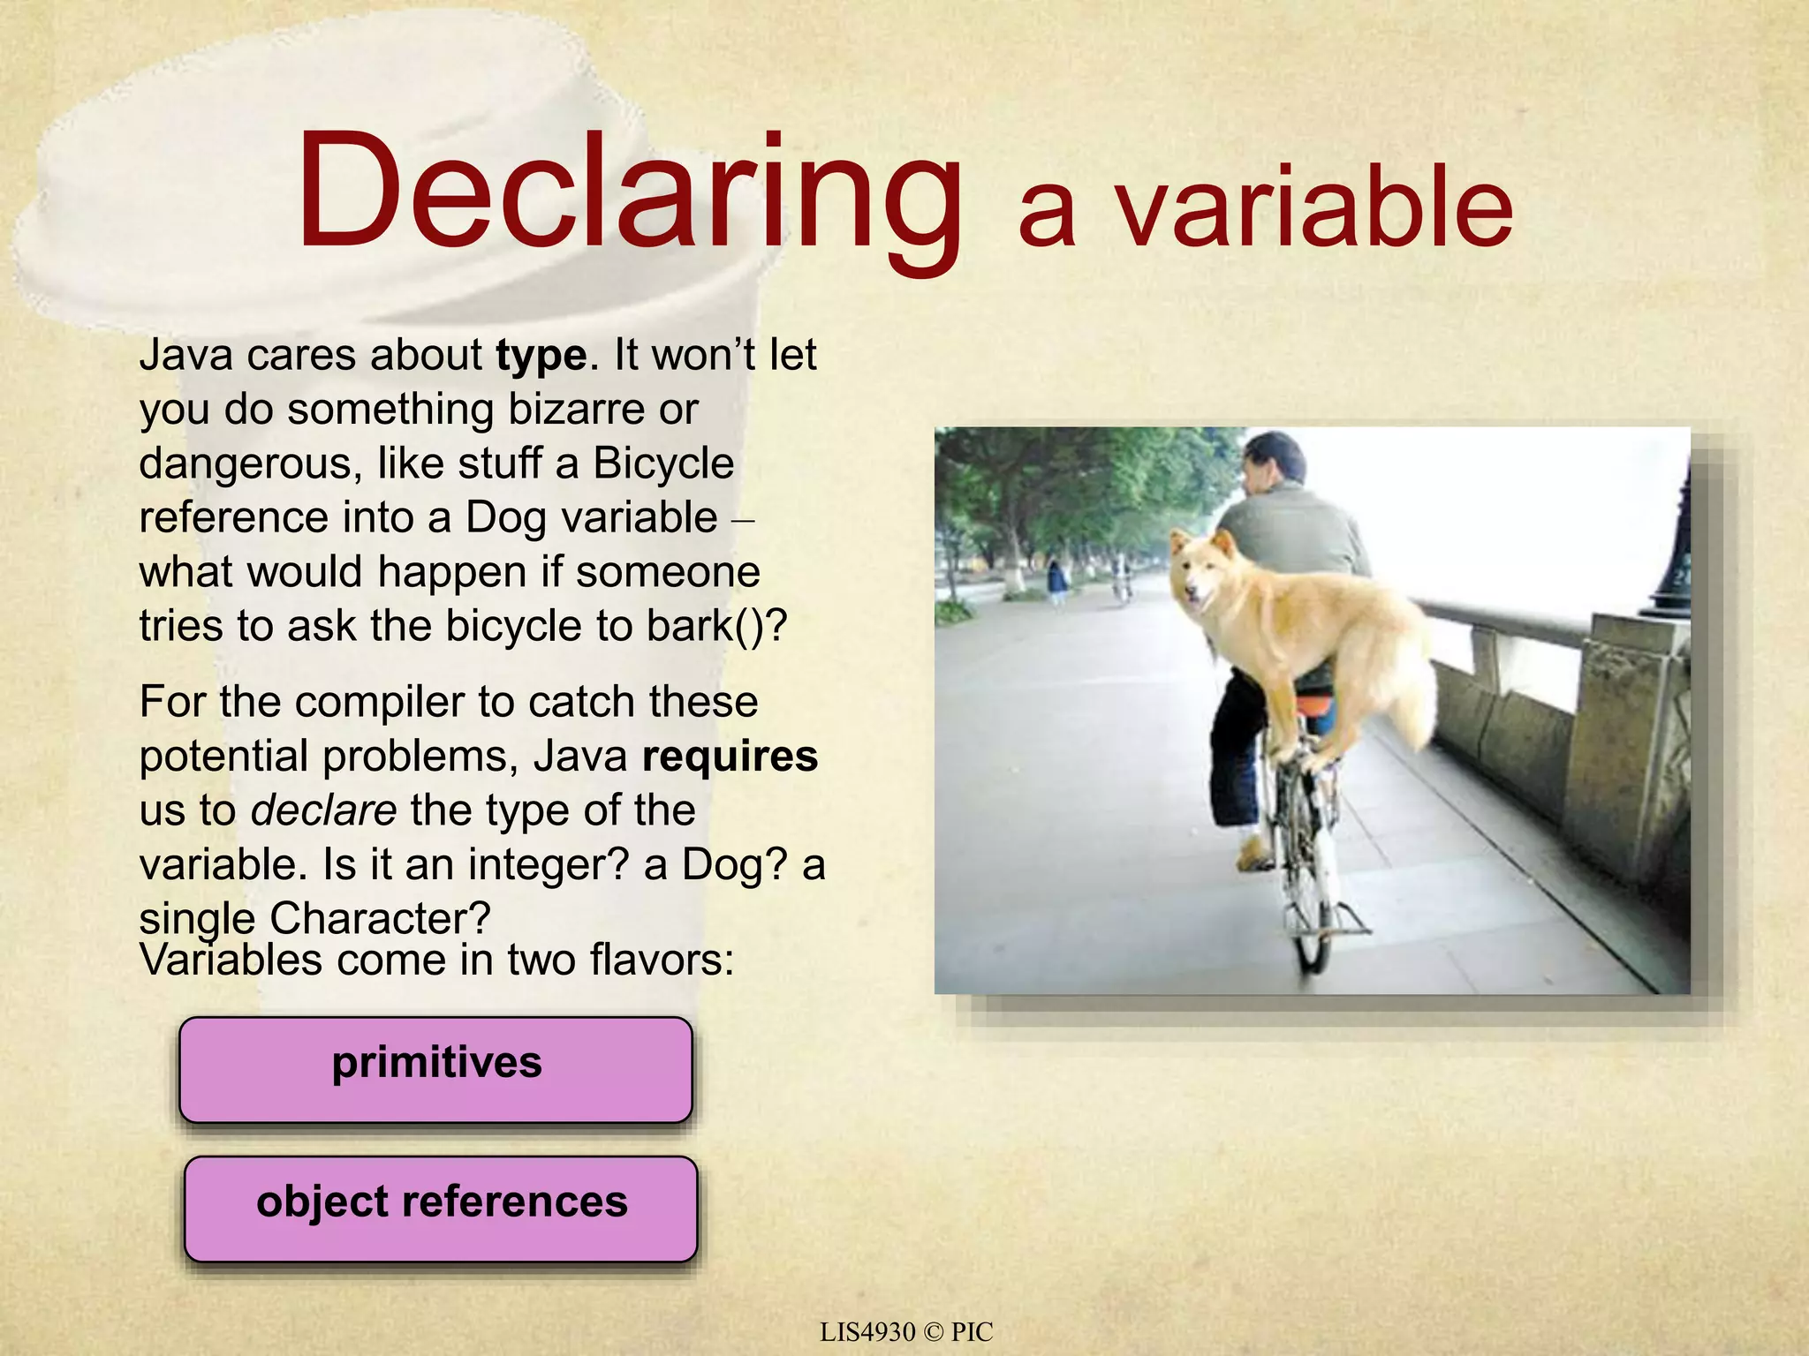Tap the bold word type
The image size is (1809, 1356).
coord(541,356)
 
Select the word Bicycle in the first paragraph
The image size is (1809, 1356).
coord(663,464)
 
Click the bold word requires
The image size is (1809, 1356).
coord(730,757)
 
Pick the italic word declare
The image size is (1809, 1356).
coord(323,810)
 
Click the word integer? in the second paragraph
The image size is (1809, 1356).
coord(548,864)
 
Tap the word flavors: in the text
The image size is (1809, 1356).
coord(662,960)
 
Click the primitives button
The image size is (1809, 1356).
coord(436,1069)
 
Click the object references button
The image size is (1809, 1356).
coord(441,1208)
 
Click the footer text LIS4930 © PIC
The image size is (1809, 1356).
coord(905,1332)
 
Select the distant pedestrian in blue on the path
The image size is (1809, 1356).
coord(1056,583)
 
